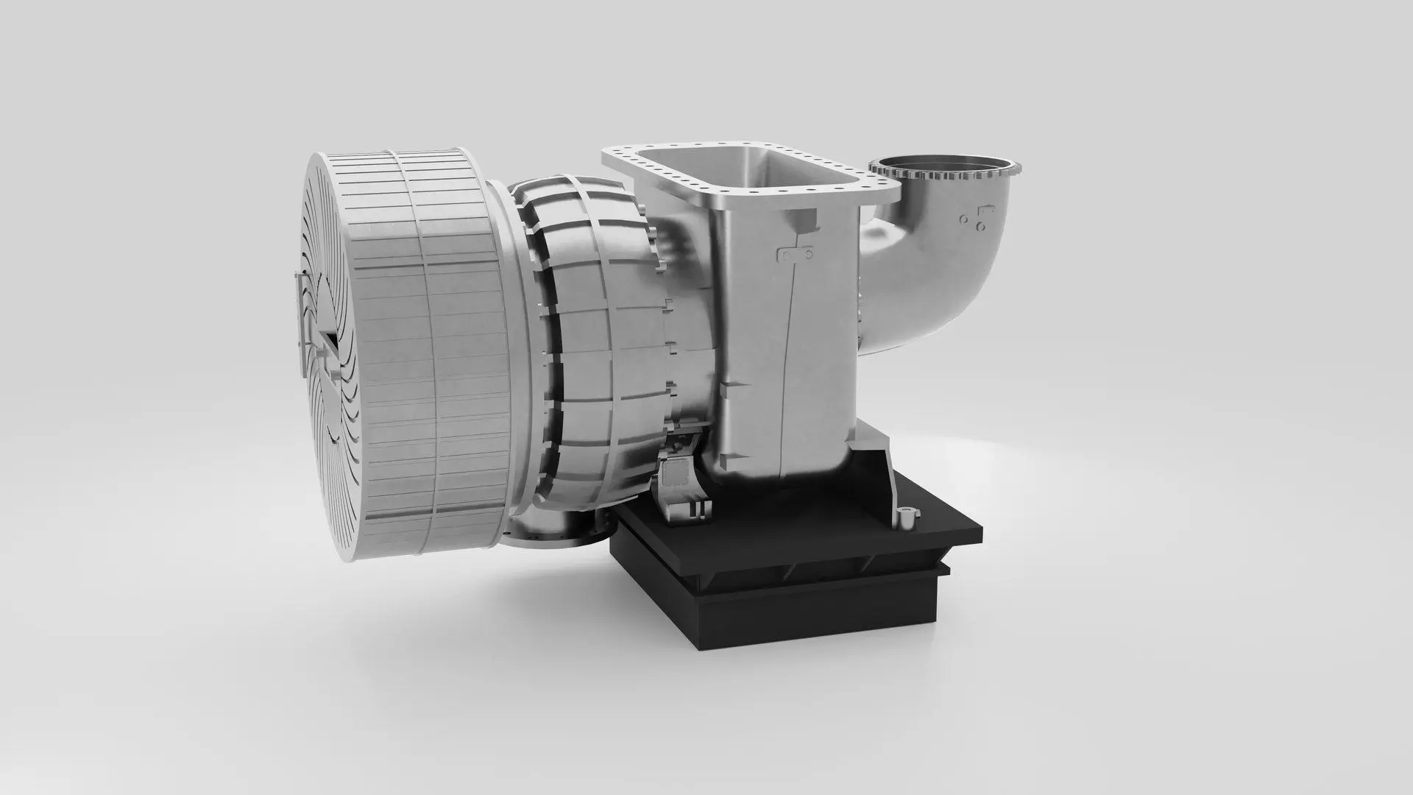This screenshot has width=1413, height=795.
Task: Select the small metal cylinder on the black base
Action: click(906, 519)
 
